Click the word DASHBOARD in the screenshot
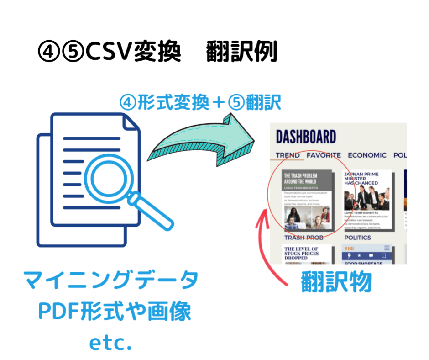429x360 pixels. pos(306,137)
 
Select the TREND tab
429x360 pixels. pos(288,155)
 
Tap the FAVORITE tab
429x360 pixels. pos(324,155)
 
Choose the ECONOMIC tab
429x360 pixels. pos(366,155)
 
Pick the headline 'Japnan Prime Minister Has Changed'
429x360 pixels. pos(361,179)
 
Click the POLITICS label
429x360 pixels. pos(357,238)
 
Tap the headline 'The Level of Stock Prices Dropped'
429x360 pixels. pos(302,254)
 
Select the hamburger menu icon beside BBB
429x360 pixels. pos(387,248)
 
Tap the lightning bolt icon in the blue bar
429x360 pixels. pos(349,255)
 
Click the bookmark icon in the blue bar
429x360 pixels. pos(384,255)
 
